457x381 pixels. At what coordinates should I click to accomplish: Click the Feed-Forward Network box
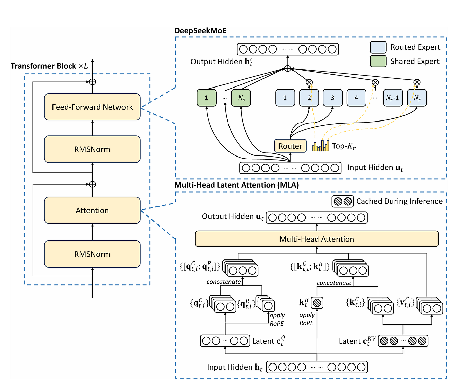tap(92, 107)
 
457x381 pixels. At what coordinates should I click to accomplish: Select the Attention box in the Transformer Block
tap(92, 210)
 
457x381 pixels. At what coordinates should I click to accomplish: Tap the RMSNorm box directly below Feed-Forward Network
tap(92, 149)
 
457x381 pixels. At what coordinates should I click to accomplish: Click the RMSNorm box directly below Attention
tap(92, 254)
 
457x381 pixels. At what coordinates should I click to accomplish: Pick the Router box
tap(290, 146)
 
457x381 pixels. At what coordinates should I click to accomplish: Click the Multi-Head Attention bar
tap(317, 239)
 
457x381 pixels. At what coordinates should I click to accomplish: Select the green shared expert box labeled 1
tap(206, 98)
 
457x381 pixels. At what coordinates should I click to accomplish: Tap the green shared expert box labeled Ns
tap(241, 98)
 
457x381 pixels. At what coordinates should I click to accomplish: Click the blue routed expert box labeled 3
tap(332, 98)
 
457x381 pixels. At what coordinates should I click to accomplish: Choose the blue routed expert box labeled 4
tap(356, 98)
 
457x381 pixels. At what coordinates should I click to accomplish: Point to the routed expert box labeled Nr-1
tap(393, 98)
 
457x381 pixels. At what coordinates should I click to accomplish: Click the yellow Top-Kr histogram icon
tap(320, 146)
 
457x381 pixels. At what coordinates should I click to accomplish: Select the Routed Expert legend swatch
tap(378, 47)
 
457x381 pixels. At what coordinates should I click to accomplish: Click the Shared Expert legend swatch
tap(378, 61)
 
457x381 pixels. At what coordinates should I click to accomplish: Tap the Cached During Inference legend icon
tap(343, 201)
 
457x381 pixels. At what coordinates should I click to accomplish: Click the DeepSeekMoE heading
tap(200, 31)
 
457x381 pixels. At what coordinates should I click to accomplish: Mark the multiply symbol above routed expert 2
tap(309, 82)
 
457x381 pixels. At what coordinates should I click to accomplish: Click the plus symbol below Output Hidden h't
tap(287, 69)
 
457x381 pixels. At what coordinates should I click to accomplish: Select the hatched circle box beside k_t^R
tap(317, 303)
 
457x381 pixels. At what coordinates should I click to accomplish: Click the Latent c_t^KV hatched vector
tap(403, 341)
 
